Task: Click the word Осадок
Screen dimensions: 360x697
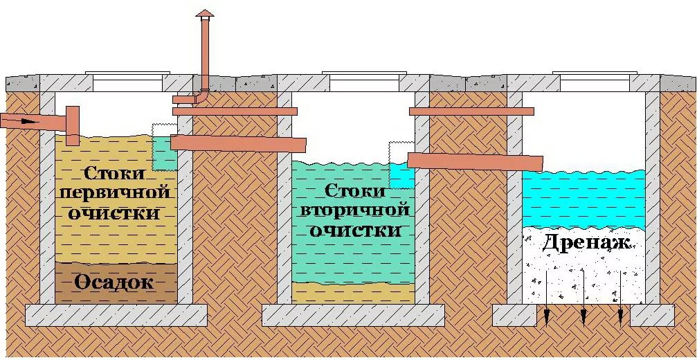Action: click(x=116, y=283)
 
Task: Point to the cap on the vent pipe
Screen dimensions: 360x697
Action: click(x=205, y=14)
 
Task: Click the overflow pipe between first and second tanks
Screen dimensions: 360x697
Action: click(x=238, y=143)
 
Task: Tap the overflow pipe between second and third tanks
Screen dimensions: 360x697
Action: click(x=475, y=161)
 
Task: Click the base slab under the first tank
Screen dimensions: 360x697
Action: click(x=116, y=315)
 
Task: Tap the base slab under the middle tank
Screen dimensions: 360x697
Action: click(x=353, y=315)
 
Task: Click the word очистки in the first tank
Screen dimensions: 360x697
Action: click(x=116, y=212)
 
